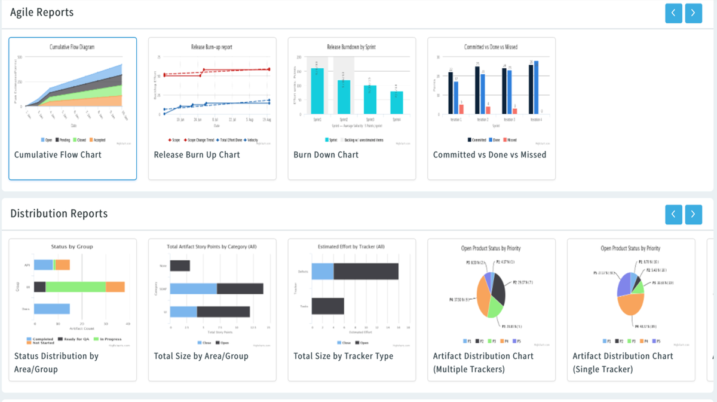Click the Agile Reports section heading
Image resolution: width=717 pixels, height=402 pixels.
pos(42,12)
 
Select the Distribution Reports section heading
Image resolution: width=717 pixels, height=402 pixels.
pos(59,214)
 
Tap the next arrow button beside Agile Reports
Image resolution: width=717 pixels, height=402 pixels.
pos(693,13)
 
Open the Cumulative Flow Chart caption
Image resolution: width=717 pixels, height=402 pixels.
pos(58,154)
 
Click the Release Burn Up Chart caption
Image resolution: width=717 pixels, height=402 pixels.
pos(197,154)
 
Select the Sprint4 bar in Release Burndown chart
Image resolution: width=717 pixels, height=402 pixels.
pos(396,102)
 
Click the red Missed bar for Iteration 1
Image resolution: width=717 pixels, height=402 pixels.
pos(461,109)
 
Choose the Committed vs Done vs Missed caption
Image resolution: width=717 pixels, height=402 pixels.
pos(489,154)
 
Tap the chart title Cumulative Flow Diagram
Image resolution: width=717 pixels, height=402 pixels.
pos(72,47)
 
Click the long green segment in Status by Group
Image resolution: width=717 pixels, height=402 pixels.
pos(76,287)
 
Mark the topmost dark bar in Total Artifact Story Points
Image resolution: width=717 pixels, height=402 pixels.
pos(180,266)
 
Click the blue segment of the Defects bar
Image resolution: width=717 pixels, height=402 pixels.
pos(323,271)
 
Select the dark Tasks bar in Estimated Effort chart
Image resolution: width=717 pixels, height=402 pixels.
pos(327,306)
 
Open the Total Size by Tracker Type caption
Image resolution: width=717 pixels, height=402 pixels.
pos(343,356)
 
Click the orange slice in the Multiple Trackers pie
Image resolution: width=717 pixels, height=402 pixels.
pos(483,297)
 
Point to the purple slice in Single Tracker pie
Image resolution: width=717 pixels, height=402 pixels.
pos(623,285)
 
